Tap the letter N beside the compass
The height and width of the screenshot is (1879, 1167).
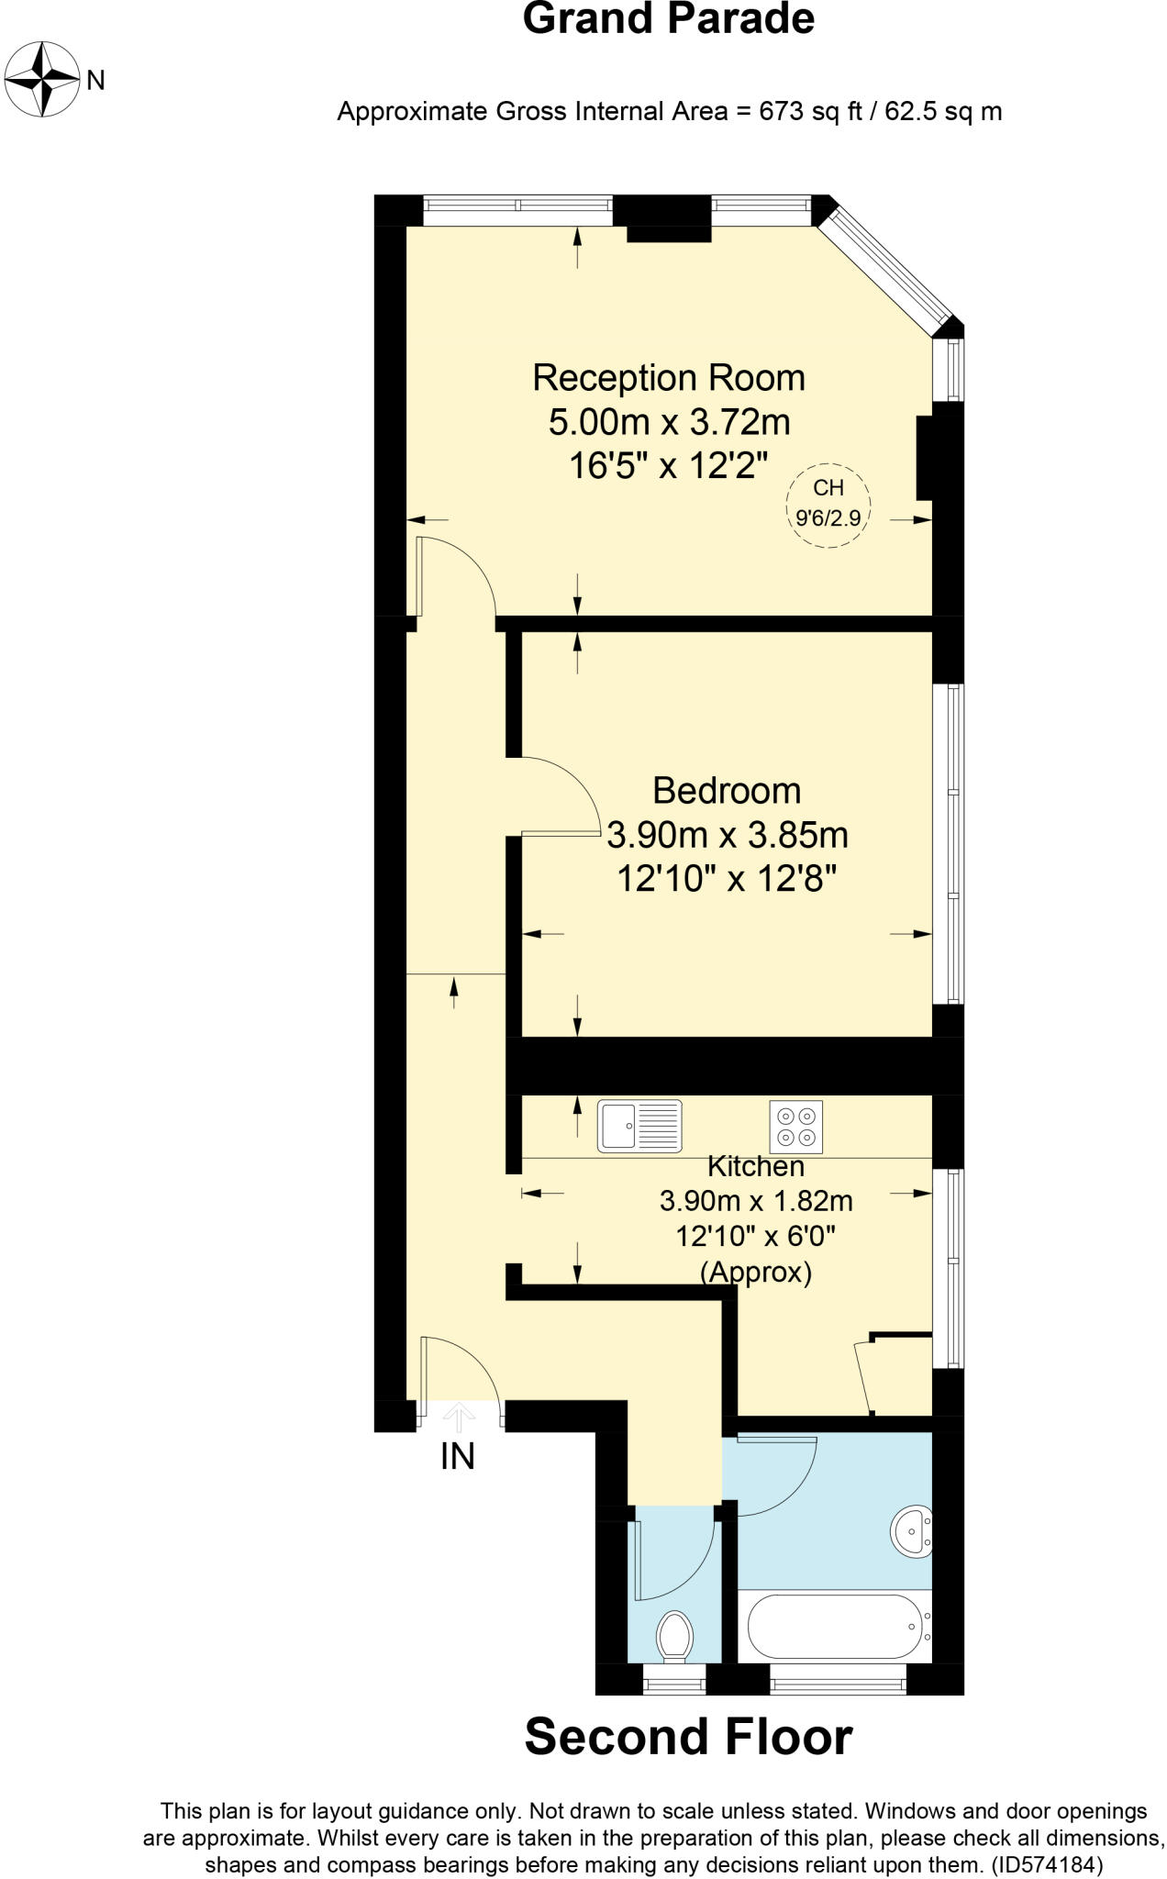[95, 81]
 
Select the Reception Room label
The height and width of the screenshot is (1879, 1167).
[668, 378]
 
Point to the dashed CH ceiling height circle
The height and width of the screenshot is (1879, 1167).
[828, 505]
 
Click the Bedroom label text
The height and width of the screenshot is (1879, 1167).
[727, 790]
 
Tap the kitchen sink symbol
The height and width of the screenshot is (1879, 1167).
[639, 1126]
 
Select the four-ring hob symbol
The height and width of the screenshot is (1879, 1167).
[795, 1127]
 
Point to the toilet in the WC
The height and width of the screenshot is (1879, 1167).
[674, 1634]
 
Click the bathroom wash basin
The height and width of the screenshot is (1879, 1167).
[911, 1529]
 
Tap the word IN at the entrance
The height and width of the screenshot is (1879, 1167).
[457, 1457]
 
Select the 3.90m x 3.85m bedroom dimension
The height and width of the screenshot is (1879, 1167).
[727, 835]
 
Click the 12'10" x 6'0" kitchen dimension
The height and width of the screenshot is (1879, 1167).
[755, 1236]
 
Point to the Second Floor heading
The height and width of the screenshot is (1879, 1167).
[688, 1736]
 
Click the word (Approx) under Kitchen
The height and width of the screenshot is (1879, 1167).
[755, 1272]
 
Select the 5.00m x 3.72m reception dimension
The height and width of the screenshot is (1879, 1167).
[668, 422]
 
